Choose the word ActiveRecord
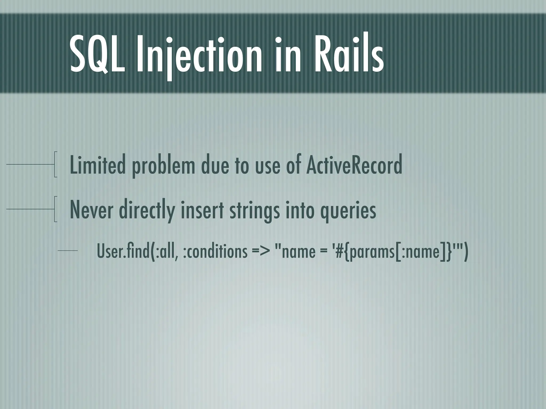coord(354,165)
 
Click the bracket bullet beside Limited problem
coord(55,164)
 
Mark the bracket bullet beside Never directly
coord(55,209)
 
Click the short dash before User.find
coord(67,251)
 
